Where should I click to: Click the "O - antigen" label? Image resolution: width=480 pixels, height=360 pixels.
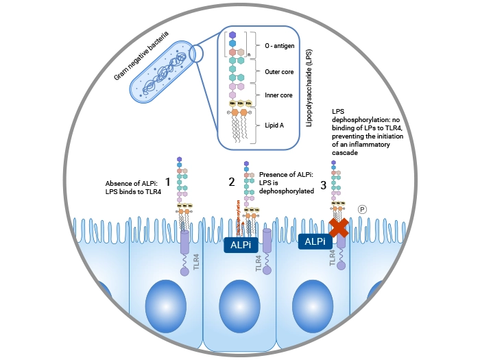pos(278,45)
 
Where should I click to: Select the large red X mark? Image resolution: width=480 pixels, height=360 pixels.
pos(339,228)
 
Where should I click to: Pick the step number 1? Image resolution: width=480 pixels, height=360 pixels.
pos(167,182)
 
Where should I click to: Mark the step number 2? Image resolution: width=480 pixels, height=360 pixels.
pos(231,182)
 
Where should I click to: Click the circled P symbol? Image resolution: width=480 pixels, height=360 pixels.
pos(363,208)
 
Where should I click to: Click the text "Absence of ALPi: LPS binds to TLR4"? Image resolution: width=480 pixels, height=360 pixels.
pos(134,187)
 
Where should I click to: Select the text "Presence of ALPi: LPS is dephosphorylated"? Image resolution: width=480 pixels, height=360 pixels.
pos(283,183)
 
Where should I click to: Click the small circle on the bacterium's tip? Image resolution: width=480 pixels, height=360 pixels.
pos(196,53)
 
